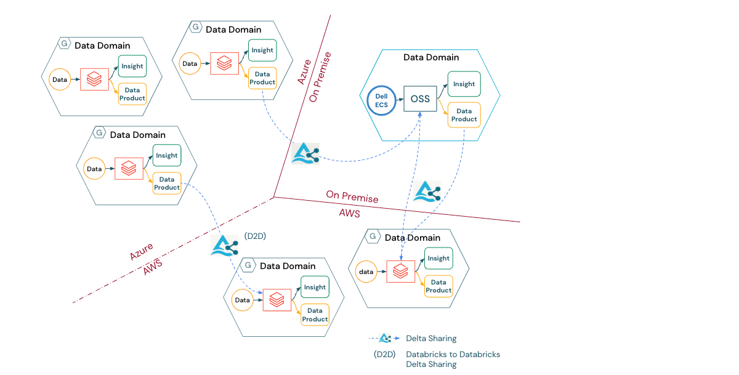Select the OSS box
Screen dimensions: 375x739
tap(420, 99)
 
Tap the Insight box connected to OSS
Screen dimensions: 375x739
tap(464, 84)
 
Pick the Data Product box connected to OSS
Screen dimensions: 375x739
tap(464, 115)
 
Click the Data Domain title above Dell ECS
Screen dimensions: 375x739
tap(431, 57)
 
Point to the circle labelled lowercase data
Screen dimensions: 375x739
tap(367, 272)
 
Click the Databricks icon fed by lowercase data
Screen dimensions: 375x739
tap(401, 271)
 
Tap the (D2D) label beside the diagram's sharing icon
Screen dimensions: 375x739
tap(255, 236)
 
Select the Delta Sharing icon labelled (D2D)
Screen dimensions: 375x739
tap(224, 245)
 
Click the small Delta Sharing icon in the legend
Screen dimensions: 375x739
tap(385, 338)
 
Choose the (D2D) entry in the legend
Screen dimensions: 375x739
tap(385, 355)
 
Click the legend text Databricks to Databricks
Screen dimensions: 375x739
tap(453, 355)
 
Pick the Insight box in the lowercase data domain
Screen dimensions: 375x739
tap(438, 259)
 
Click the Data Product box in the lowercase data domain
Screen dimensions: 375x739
tap(438, 286)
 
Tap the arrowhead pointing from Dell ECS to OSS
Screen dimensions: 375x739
tap(401, 99)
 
